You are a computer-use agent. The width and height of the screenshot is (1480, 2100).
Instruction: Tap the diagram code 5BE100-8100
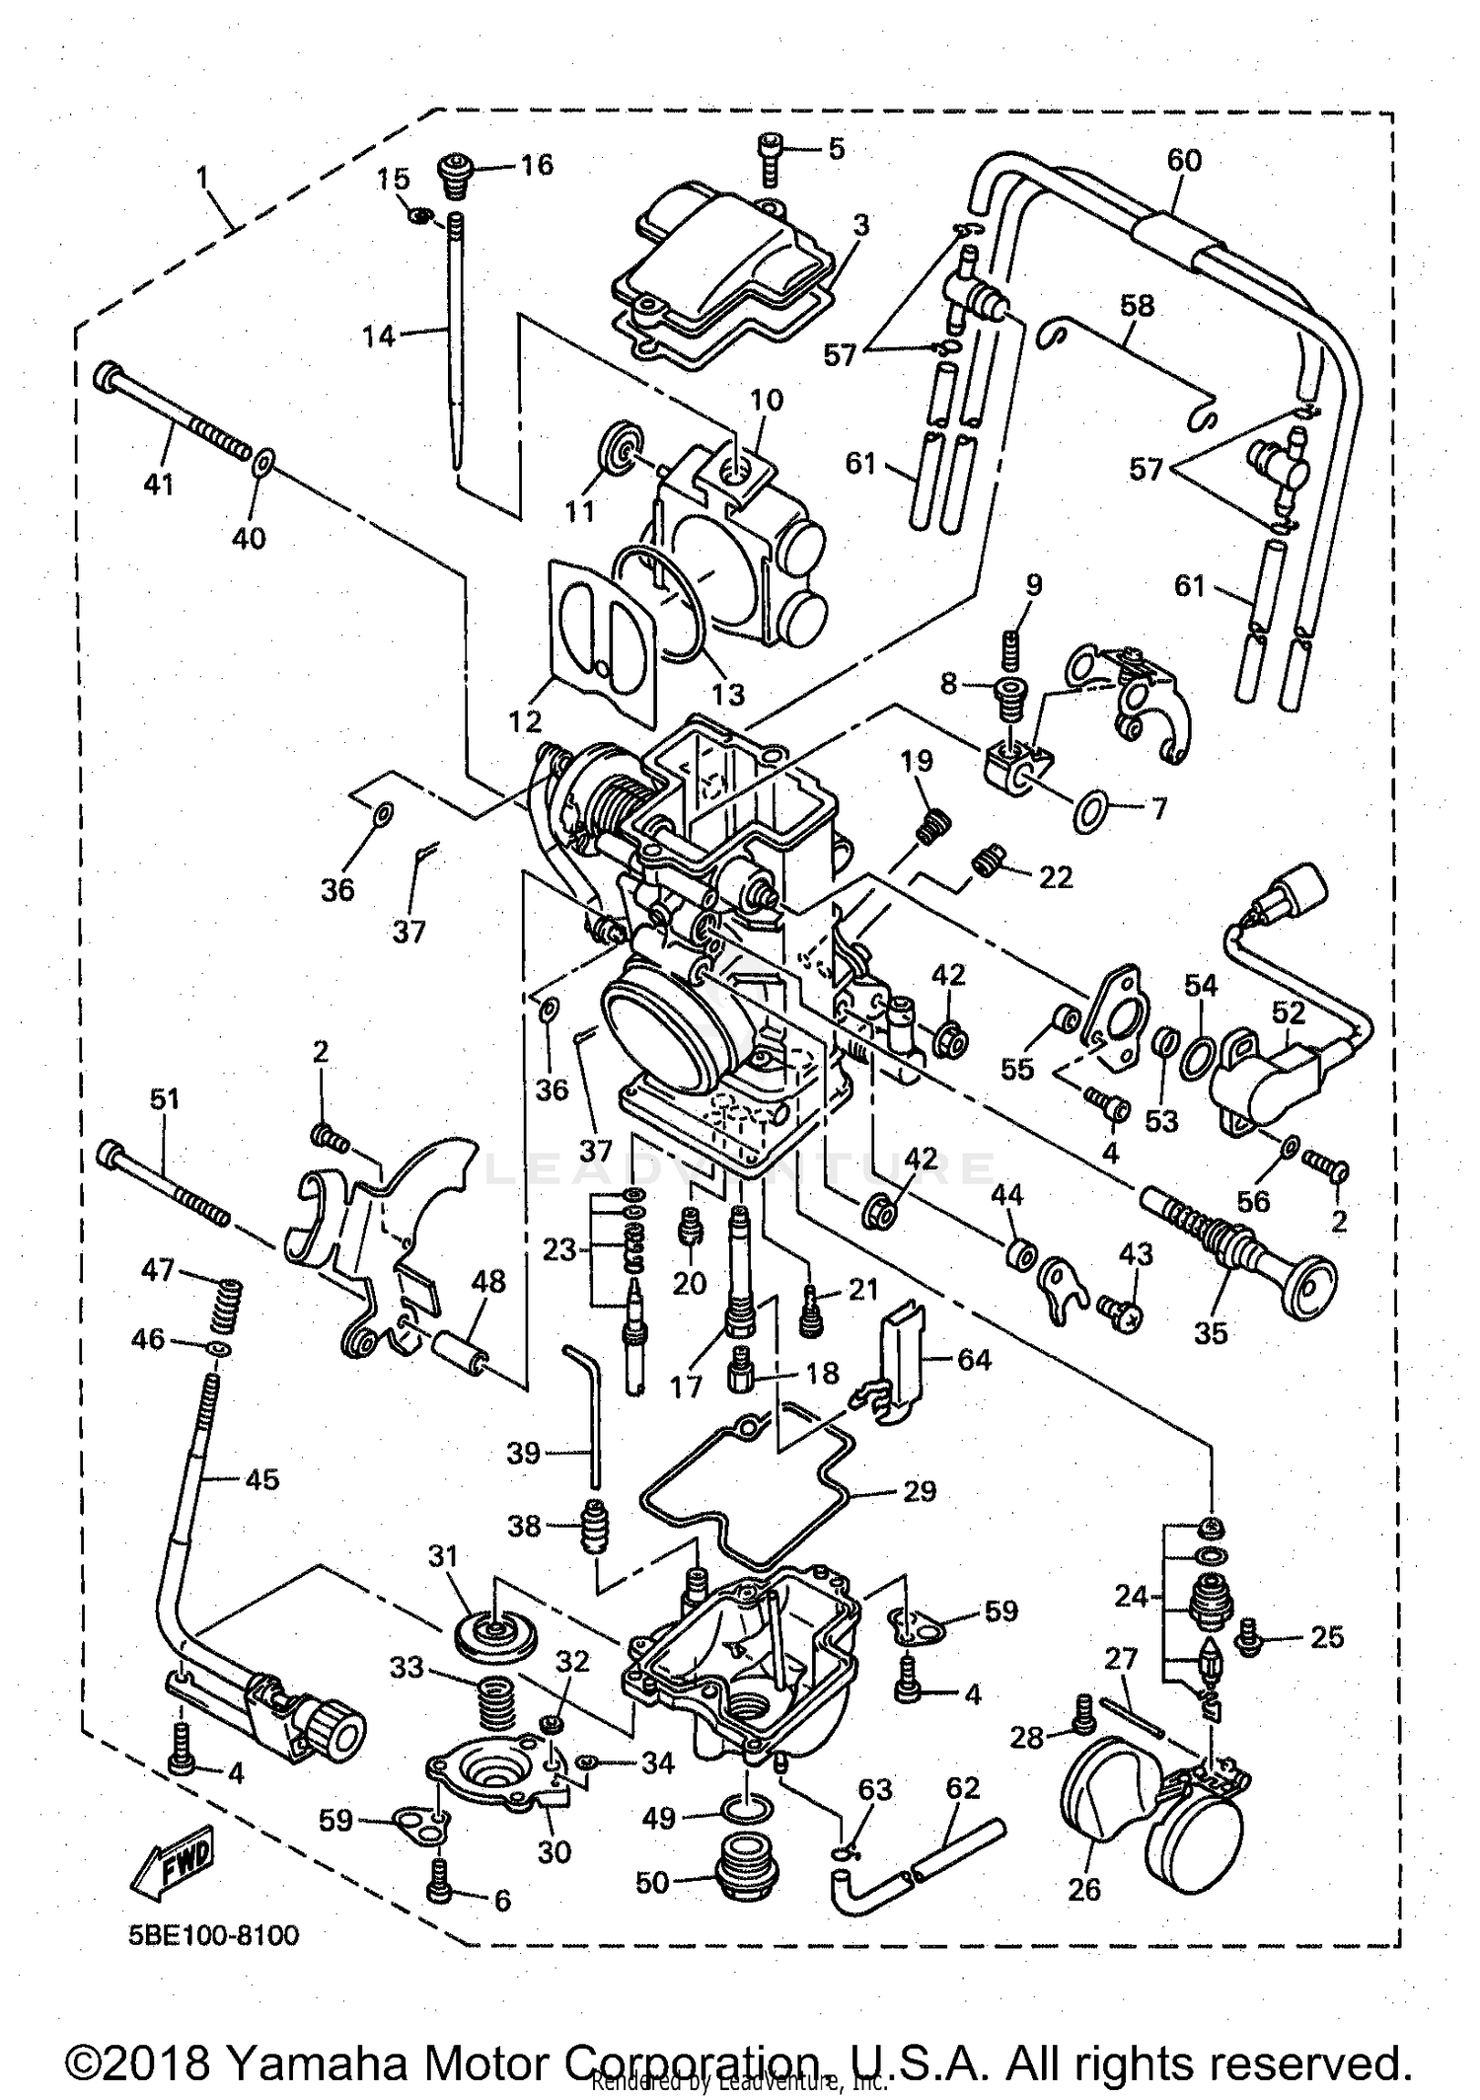(213, 1934)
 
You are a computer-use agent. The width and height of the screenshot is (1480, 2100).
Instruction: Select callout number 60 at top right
(1184, 160)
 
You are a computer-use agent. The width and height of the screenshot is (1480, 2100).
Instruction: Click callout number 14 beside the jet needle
(378, 337)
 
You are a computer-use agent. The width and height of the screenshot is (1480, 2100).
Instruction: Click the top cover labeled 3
(725, 266)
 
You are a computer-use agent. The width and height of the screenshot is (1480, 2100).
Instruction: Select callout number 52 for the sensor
(1288, 1012)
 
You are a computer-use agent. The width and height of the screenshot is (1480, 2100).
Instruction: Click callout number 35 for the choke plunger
(1211, 1332)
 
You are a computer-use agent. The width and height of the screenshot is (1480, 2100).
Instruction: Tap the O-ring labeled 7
(1088, 810)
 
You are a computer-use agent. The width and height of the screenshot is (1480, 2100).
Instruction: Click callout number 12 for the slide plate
(525, 721)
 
